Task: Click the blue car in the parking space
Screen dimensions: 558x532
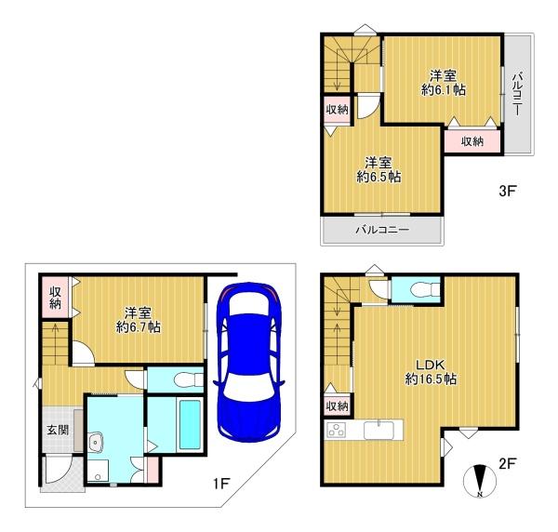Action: pyautogui.click(x=248, y=362)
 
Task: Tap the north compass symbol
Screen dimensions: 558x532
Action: pyautogui.click(x=479, y=481)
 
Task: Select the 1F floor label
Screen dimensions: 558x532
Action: pyautogui.click(x=220, y=484)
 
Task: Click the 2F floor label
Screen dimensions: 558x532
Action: pyautogui.click(x=507, y=463)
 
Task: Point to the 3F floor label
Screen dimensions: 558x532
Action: pyautogui.click(x=507, y=191)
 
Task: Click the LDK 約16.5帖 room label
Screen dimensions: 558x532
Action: pyautogui.click(x=431, y=372)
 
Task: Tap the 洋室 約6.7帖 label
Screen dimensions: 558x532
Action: pyautogui.click(x=138, y=320)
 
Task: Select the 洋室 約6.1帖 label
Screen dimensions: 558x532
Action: pyautogui.click(x=443, y=83)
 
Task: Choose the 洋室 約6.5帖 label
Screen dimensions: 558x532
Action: pyautogui.click(x=379, y=170)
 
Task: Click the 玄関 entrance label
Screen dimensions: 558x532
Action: pyautogui.click(x=58, y=431)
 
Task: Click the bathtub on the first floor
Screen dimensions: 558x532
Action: pyautogui.click(x=190, y=424)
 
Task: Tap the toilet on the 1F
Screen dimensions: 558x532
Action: pyautogui.click(x=188, y=379)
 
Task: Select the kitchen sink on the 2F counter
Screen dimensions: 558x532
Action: pyautogui.click(x=379, y=430)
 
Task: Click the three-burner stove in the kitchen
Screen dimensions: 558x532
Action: pyautogui.click(x=337, y=429)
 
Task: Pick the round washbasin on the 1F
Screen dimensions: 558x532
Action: pyautogui.click(x=96, y=443)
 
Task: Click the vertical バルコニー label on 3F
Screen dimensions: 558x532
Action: pyautogui.click(x=518, y=94)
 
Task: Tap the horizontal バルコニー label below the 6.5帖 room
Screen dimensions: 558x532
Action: pyautogui.click(x=382, y=230)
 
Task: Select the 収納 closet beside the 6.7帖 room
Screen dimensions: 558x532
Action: pyautogui.click(x=55, y=299)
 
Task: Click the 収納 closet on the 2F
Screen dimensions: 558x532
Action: pyautogui.click(x=337, y=406)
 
